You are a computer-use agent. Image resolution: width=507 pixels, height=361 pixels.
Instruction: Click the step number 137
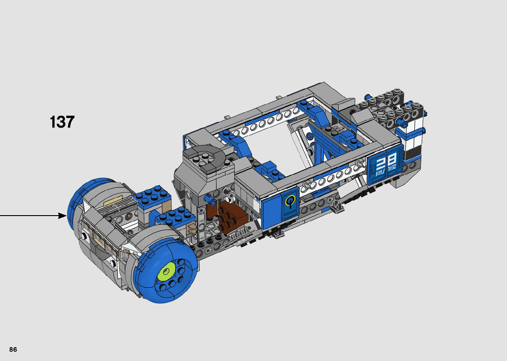point(62,122)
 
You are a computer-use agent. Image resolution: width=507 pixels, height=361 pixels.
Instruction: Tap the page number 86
point(13,349)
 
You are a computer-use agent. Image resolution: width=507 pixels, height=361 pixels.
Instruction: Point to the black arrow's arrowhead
point(63,216)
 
